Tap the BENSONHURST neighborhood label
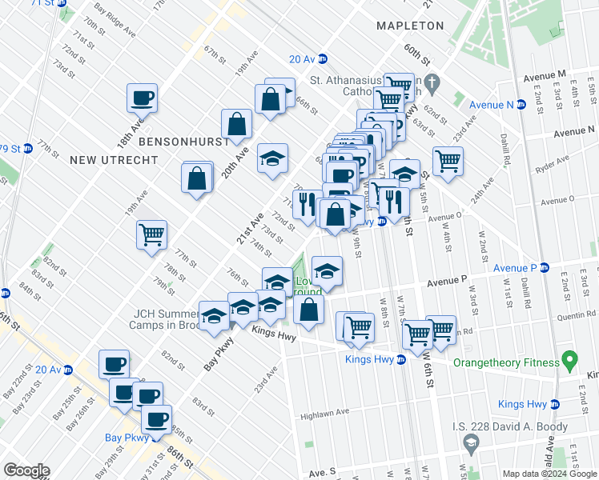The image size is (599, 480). click(x=174, y=141)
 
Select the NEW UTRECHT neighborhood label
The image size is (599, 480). click(x=105, y=160)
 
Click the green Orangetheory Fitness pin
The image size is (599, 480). click(x=570, y=362)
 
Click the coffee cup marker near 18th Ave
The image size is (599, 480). click(x=142, y=98)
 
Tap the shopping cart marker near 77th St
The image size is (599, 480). click(x=151, y=236)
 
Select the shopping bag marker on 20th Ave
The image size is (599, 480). click(x=237, y=124)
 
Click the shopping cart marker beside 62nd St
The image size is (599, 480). click(x=448, y=162)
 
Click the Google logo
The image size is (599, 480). click(x=26, y=470)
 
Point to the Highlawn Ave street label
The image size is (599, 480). click(x=325, y=414)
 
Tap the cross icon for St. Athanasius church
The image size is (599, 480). click(x=431, y=82)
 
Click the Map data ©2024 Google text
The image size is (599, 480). click(x=550, y=473)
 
